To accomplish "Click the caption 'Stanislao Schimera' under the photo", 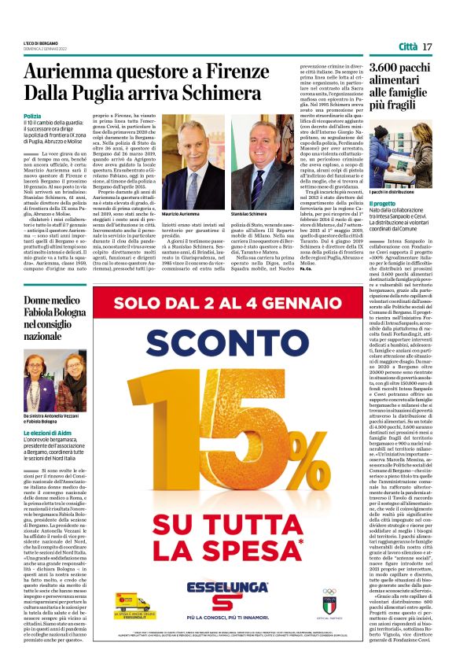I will [248, 214].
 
